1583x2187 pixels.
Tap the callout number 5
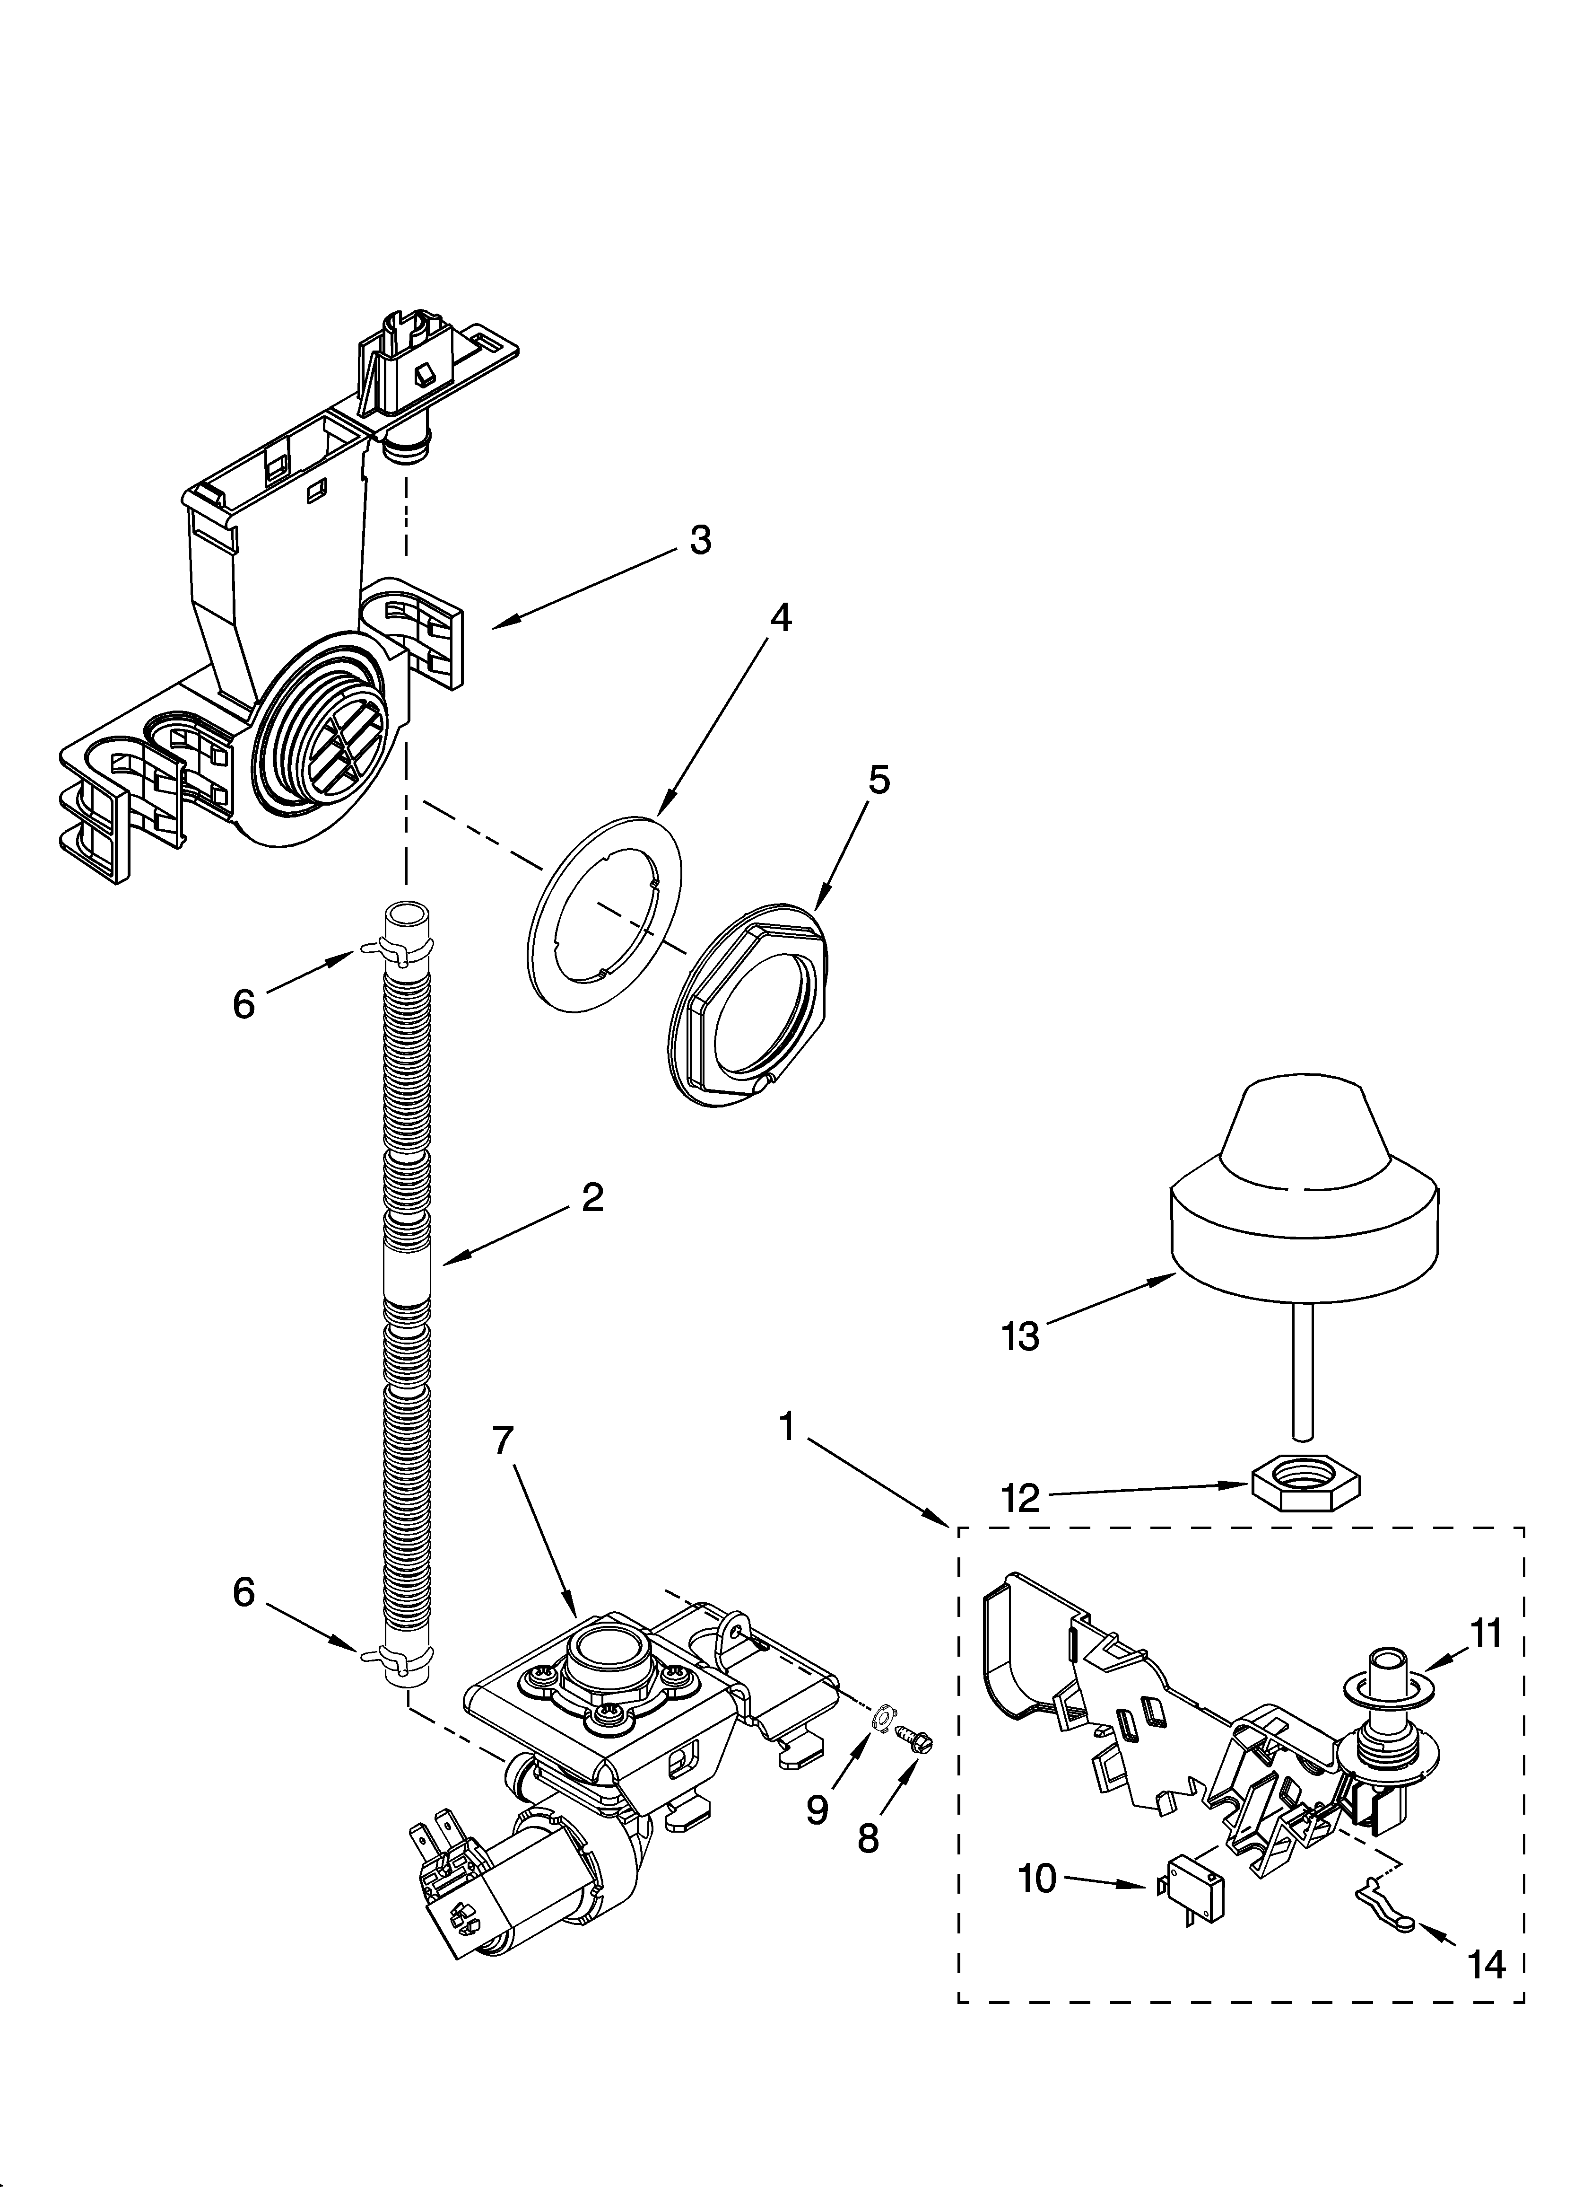(x=878, y=779)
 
